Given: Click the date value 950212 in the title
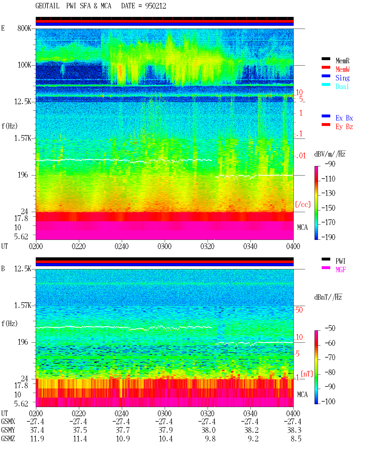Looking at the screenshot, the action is (x=156, y=6).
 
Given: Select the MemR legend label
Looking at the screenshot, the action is (x=342, y=61).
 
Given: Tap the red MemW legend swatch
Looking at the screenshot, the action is (x=326, y=67).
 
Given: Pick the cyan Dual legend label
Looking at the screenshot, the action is (x=342, y=86).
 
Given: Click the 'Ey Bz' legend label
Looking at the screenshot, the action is (x=344, y=127).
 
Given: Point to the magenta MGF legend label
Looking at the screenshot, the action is (x=341, y=270).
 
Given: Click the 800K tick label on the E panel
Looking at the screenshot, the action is (x=24, y=28).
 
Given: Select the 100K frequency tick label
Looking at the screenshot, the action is (x=24, y=65).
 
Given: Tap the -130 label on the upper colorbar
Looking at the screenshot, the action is (x=328, y=193).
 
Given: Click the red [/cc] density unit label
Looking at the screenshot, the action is (x=303, y=204).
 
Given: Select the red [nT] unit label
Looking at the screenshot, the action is (x=307, y=374).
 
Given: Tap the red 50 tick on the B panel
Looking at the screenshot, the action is (x=299, y=310).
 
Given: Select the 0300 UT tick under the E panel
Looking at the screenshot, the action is (x=164, y=246).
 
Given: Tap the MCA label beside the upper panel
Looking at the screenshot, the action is (x=302, y=227).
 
